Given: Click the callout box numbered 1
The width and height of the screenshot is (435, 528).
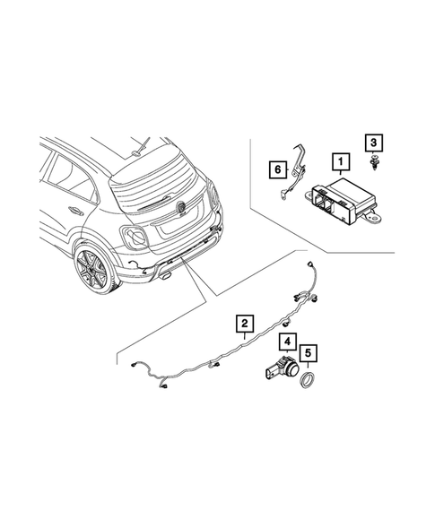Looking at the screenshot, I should pyautogui.click(x=340, y=163).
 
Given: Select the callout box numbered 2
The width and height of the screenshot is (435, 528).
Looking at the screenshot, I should pyautogui.click(x=242, y=322).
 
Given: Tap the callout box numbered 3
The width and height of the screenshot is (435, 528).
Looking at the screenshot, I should pyautogui.click(x=371, y=143).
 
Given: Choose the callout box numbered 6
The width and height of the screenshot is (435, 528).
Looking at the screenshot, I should pyautogui.click(x=277, y=167).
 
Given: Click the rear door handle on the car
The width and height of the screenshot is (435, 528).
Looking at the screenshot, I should pyautogui.click(x=75, y=212).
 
